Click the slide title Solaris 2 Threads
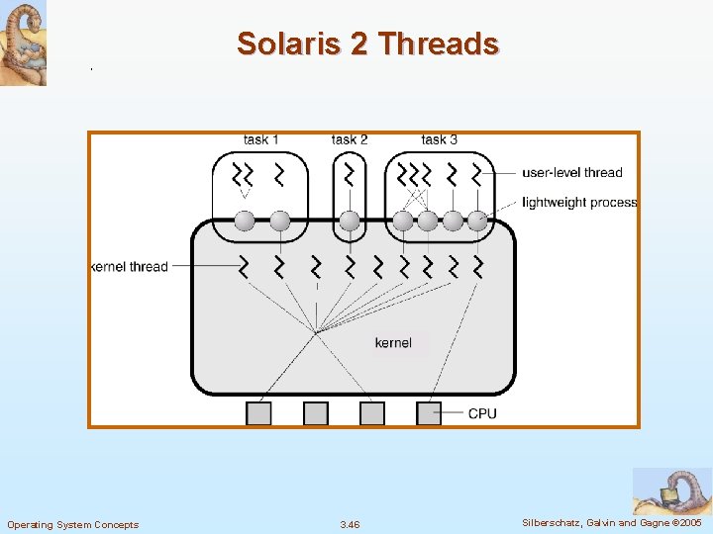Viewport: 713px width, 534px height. point(367,44)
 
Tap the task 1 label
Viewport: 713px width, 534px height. point(261,139)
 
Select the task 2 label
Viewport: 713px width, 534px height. point(350,139)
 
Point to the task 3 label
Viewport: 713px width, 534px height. point(439,139)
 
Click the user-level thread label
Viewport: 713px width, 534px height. point(573,172)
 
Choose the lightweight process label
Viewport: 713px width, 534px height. point(579,203)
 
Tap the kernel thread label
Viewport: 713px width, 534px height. point(130,267)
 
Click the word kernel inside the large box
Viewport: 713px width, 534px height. point(393,343)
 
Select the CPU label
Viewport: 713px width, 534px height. point(482,413)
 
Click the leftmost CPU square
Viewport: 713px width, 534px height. point(258,413)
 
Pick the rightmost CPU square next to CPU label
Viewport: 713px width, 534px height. point(429,413)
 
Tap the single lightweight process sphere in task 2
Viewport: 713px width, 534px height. point(349,221)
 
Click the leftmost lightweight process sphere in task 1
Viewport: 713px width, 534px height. point(245,221)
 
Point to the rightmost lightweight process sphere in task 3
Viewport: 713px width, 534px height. point(477,221)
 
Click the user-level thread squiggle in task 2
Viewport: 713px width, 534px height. point(349,175)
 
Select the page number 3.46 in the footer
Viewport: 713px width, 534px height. point(350,524)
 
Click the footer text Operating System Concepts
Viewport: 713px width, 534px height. point(73,524)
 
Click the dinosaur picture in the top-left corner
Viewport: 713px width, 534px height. point(23,43)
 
